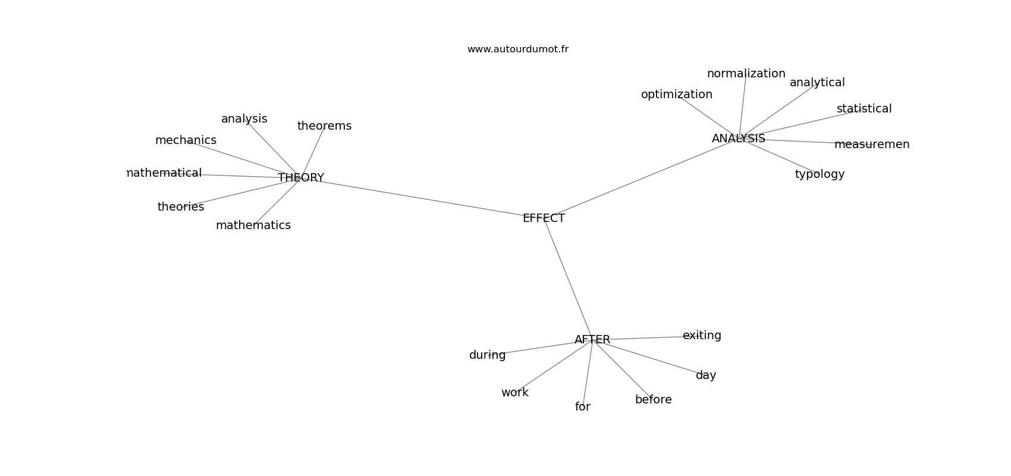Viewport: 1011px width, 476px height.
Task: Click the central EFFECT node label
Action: (544, 218)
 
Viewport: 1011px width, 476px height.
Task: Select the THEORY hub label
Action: (301, 177)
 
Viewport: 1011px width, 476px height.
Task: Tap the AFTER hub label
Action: (592, 339)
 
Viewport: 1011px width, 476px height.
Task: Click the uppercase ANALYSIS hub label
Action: (739, 138)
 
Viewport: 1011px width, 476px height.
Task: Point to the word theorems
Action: (324, 126)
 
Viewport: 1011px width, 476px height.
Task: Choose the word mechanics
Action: (186, 140)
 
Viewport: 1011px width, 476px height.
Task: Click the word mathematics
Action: (253, 225)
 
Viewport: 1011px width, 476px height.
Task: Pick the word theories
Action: (181, 206)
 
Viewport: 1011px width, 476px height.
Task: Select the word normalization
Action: (746, 73)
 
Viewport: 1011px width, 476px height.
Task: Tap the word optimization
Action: (677, 95)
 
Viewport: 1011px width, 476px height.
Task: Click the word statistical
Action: (864, 108)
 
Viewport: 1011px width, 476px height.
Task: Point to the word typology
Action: (820, 174)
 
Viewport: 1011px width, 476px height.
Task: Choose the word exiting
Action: (702, 336)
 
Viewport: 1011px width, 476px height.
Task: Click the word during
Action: (487, 355)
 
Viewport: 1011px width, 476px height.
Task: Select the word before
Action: (653, 399)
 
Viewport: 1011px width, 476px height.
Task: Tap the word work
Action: (514, 393)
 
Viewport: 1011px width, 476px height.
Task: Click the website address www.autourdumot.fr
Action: (517, 49)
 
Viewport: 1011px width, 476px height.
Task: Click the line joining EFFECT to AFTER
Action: (568, 278)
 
